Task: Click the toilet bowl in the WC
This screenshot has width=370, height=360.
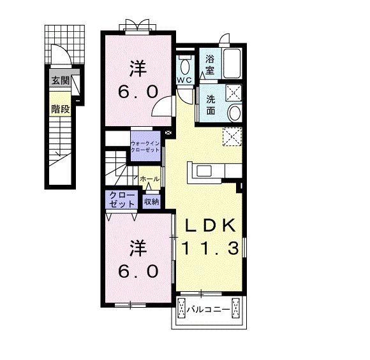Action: [185, 66]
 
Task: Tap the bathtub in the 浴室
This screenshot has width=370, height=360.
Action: [232, 63]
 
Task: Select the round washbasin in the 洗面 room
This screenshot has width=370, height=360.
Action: [235, 113]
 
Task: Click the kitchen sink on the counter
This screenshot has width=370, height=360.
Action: [204, 171]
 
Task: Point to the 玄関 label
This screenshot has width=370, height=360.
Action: [61, 81]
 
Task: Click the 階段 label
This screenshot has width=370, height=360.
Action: [61, 109]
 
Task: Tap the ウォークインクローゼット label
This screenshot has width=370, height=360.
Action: [145, 147]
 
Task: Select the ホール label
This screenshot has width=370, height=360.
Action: [150, 179]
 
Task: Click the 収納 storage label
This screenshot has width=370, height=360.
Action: [151, 201]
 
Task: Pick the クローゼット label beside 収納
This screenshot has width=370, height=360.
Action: [122, 199]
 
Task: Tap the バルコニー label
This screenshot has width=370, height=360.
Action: [208, 309]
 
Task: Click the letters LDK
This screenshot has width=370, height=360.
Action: [211, 225]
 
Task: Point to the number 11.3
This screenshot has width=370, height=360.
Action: [211, 248]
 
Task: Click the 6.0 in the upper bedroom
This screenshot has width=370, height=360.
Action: [138, 92]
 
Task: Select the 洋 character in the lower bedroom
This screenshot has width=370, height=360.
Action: [138, 248]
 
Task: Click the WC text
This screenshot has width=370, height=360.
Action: [184, 80]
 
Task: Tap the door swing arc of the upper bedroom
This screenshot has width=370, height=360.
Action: [158, 104]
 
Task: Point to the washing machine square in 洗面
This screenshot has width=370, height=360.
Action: [234, 92]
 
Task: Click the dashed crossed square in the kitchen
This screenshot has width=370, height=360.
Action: [232, 136]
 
